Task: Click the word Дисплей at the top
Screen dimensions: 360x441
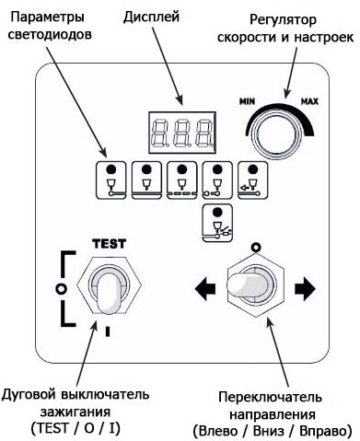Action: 151,17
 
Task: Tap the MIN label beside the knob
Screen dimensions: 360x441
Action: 247,101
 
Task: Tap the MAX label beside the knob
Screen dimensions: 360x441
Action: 309,101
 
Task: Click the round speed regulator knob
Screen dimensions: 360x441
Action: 278,133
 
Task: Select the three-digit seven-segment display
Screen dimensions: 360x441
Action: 182,133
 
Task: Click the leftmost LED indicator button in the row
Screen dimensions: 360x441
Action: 111,180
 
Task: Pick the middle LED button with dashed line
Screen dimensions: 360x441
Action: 182,180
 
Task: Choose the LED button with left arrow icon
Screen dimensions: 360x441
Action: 252,180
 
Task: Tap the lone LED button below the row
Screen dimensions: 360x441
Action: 217,223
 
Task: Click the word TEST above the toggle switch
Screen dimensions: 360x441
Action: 109,244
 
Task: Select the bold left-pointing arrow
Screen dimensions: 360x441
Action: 205,289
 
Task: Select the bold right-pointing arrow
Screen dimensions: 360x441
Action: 305,289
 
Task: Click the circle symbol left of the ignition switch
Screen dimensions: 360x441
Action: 62,288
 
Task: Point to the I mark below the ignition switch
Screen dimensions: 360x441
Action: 108,331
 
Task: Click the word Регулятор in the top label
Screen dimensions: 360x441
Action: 283,20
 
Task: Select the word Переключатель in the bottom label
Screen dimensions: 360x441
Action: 270,397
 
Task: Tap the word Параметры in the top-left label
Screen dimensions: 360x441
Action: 48,17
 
